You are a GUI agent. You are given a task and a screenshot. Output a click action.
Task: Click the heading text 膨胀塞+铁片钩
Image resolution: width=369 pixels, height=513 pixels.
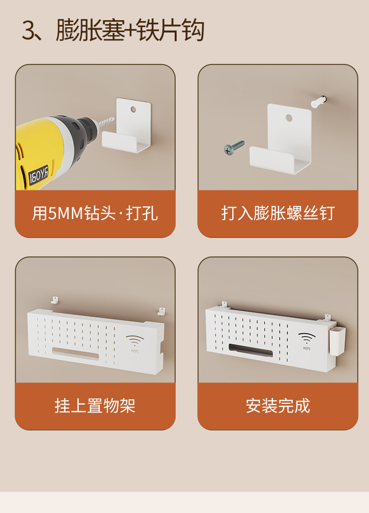130,31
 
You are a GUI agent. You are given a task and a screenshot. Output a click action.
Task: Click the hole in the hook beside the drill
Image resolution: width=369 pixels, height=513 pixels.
133,109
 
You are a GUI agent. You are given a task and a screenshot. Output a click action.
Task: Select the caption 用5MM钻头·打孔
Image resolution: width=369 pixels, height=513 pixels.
95,213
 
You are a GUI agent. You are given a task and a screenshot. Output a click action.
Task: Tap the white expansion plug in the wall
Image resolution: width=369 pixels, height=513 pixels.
318,101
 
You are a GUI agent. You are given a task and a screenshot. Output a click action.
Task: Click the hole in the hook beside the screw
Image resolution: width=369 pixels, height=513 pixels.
289,118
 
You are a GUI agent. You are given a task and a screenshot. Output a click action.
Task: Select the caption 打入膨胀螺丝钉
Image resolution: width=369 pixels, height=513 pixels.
278,213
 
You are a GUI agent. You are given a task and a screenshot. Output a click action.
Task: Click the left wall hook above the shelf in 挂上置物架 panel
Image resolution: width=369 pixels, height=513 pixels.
55,300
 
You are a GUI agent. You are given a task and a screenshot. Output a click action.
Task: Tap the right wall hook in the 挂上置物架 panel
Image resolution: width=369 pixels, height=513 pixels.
161,311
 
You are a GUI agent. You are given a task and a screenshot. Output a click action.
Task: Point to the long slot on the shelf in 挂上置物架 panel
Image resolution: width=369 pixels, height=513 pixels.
75,353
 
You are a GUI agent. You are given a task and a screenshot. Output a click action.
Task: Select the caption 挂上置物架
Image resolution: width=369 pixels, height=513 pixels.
95,406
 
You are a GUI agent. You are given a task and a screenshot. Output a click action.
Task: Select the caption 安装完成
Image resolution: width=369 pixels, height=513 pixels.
278,406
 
